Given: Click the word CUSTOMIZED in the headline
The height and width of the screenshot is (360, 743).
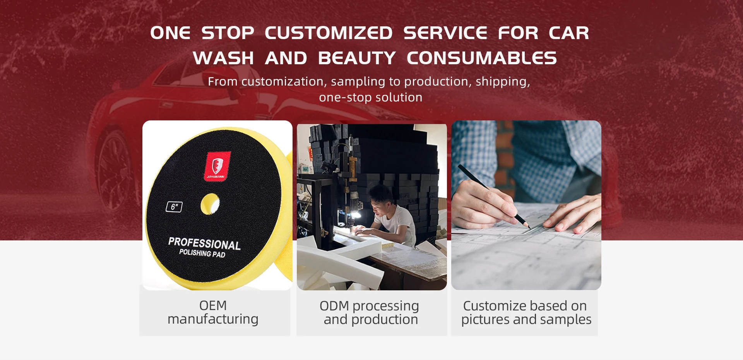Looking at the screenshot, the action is click(x=329, y=33).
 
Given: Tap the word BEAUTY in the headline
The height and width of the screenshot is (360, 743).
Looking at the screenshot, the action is click(x=357, y=58).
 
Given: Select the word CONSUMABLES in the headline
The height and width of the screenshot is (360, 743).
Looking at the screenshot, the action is click(x=482, y=58).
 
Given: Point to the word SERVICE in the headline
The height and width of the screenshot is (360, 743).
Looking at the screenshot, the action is click(x=445, y=33).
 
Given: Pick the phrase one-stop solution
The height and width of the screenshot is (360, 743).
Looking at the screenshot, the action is click(x=371, y=98).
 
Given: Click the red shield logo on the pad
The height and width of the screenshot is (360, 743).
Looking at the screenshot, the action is click(x=217, y=166).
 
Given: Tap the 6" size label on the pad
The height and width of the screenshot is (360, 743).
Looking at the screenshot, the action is click(x=174, y=207).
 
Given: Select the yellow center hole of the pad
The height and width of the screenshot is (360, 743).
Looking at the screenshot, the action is click(x=210, y=204).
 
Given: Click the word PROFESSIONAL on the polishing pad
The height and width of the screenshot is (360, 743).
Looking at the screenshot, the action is click(x=204, y=243).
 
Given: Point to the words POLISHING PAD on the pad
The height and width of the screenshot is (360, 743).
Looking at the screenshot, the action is click(x=202, y=253).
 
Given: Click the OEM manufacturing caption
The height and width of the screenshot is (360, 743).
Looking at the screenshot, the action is click(x=213, y=312).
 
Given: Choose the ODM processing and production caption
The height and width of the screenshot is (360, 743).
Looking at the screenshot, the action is click(x=370, y=312).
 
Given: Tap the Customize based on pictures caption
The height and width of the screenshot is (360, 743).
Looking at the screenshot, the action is click(x=526, y=312).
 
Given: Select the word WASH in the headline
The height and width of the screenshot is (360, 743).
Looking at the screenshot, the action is click(x=223, y=58).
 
